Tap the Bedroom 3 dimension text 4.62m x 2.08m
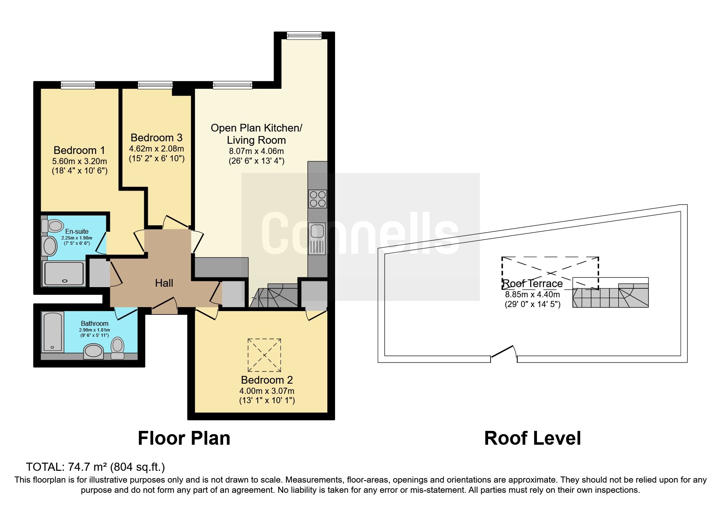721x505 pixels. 156,149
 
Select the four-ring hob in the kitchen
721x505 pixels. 318,199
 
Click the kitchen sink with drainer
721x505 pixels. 318,239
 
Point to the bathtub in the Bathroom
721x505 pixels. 53,332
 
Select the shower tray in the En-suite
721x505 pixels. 64,274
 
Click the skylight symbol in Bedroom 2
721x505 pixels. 264,355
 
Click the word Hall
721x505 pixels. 164,283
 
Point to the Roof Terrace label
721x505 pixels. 533,283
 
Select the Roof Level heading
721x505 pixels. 533,438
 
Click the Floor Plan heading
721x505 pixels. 184,438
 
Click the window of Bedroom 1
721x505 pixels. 78,85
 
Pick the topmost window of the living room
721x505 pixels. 304,35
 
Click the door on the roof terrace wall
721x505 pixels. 504,353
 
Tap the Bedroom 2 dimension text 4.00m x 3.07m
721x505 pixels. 267,391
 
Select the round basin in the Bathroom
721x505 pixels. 94,351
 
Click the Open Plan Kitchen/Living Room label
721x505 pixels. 256,134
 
